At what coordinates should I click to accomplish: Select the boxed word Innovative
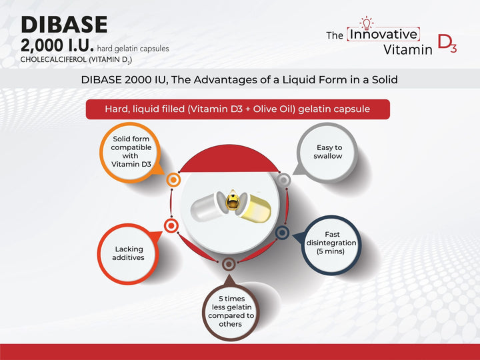(x=383, y=34)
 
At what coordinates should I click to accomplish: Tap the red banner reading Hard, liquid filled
(x=238, y=109)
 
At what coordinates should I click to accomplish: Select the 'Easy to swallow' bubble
(x=328, y=151)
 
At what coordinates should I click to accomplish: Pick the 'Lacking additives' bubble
(x=129, y=253)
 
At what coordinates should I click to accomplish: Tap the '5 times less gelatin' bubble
(x=231, y=310)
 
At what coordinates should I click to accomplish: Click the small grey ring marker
(x=283, y=179)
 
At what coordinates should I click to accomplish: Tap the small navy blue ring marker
(x=282, y=232)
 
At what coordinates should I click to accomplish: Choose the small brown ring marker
(x=228, y=263)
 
